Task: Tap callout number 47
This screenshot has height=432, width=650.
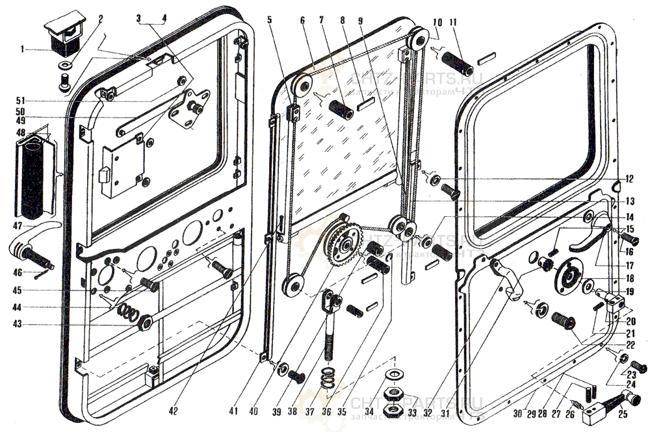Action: click(x=17, y=226)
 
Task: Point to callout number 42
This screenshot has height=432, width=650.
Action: click(x=173, y=411)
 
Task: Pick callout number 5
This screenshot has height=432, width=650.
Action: click(x=268, y=20)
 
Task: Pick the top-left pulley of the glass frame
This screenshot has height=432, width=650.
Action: click(x=300, y=85)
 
